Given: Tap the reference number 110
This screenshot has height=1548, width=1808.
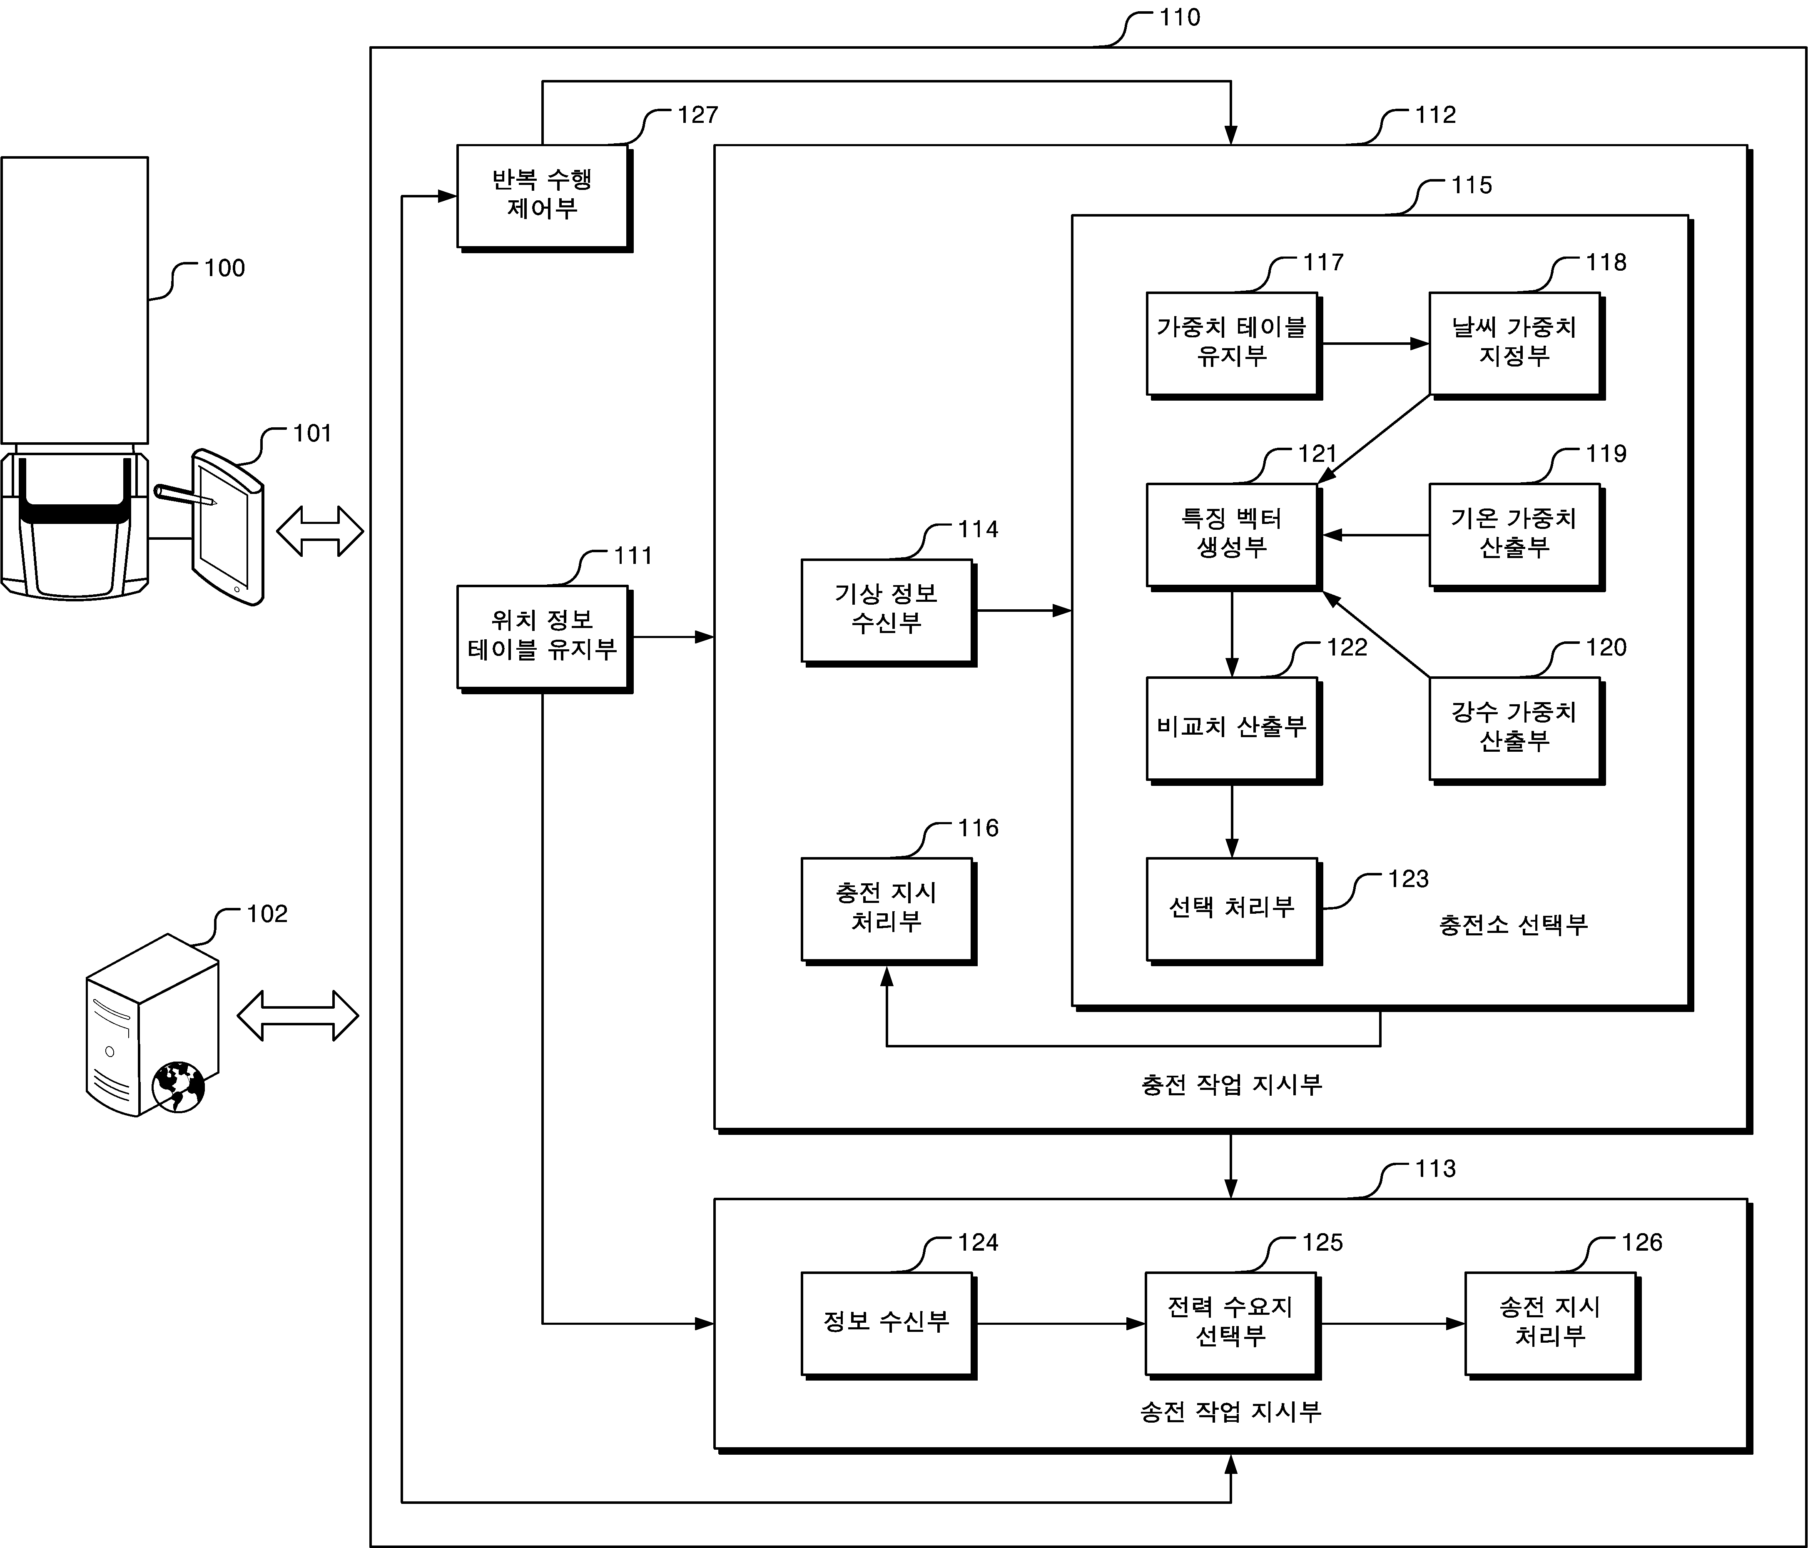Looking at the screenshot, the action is pyautogui.click(x=1180, y=17).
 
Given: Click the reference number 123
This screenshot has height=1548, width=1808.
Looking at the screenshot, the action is pyautogui.click(x=1408, y=879).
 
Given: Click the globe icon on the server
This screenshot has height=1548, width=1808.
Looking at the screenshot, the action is pyautogui.click(x=178, y=1087).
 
